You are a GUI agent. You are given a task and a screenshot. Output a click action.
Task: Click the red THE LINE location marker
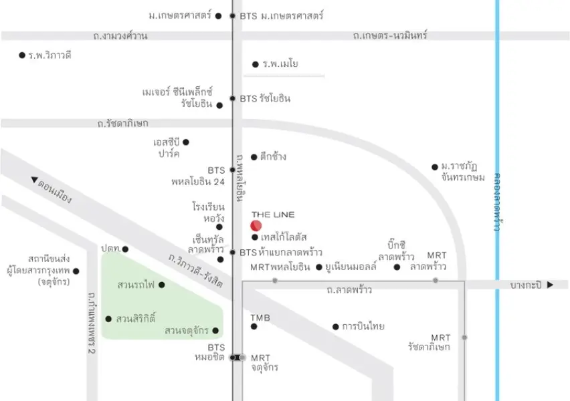point(256,226)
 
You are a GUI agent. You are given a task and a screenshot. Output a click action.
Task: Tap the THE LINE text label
point(273,215)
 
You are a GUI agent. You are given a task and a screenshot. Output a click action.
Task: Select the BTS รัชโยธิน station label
point(265,98)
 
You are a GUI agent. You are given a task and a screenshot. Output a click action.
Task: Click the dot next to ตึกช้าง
point(254,157)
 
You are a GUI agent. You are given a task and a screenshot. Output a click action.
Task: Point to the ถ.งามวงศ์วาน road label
point(120,36)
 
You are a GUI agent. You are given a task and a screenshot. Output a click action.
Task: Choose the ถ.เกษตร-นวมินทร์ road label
point(390,35)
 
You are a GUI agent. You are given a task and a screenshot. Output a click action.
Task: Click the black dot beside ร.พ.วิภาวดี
point(22,55)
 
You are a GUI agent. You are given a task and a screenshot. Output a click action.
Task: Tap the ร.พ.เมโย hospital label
point(280,64)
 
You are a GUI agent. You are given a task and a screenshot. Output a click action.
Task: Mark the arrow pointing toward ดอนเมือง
point(34,179)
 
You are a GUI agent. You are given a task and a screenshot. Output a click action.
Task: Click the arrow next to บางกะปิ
point(551,285)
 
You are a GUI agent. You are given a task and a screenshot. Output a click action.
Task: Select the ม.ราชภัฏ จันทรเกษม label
point(463,172)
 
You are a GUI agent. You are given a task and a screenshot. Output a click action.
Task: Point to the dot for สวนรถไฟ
point(162,285)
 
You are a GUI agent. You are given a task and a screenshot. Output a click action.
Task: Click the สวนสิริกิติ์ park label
point(136,319)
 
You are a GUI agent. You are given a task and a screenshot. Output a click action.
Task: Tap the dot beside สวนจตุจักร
point(215,331)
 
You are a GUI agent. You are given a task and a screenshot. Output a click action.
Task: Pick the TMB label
point(260,318)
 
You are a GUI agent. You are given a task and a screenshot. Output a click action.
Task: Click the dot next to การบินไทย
point(336,327)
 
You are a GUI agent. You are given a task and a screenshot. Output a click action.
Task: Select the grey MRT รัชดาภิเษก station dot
point(464,338)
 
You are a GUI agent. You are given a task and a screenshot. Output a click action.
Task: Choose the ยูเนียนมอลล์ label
point(351,267)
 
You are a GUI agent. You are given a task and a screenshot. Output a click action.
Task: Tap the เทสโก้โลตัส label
point(284,237)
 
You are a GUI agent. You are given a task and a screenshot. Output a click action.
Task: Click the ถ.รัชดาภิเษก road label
point(123,124)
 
